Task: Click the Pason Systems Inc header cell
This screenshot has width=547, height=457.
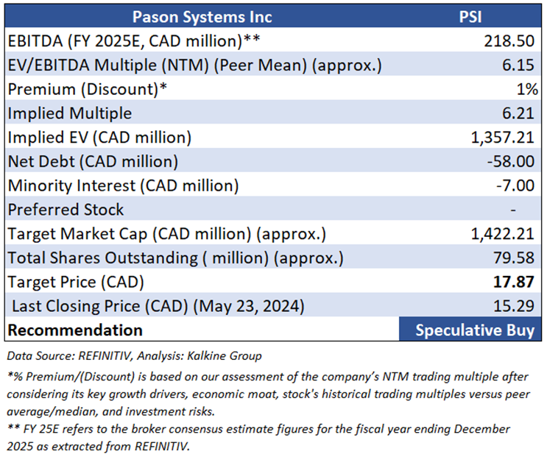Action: tap(201, 17)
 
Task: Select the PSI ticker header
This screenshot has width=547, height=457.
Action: tap(469, 17)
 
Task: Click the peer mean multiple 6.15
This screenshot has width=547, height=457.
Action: tap(520, 65)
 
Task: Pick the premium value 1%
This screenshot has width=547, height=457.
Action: tap(524, 89)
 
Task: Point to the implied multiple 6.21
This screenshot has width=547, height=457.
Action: tap(520, 113)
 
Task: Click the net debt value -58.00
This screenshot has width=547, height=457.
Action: tap(512, 161)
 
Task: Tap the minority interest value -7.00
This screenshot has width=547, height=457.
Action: tap(516, 185)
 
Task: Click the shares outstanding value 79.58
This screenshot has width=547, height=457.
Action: tap(516, 258)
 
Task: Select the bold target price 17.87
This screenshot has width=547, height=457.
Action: tap(516, 282)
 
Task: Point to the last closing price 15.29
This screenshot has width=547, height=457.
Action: tap(516, 306)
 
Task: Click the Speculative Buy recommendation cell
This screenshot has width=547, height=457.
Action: tap(474, 330)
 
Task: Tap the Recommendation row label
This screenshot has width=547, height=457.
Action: tap(75, 330)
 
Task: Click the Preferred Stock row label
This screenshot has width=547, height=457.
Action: tap(66, 210)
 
